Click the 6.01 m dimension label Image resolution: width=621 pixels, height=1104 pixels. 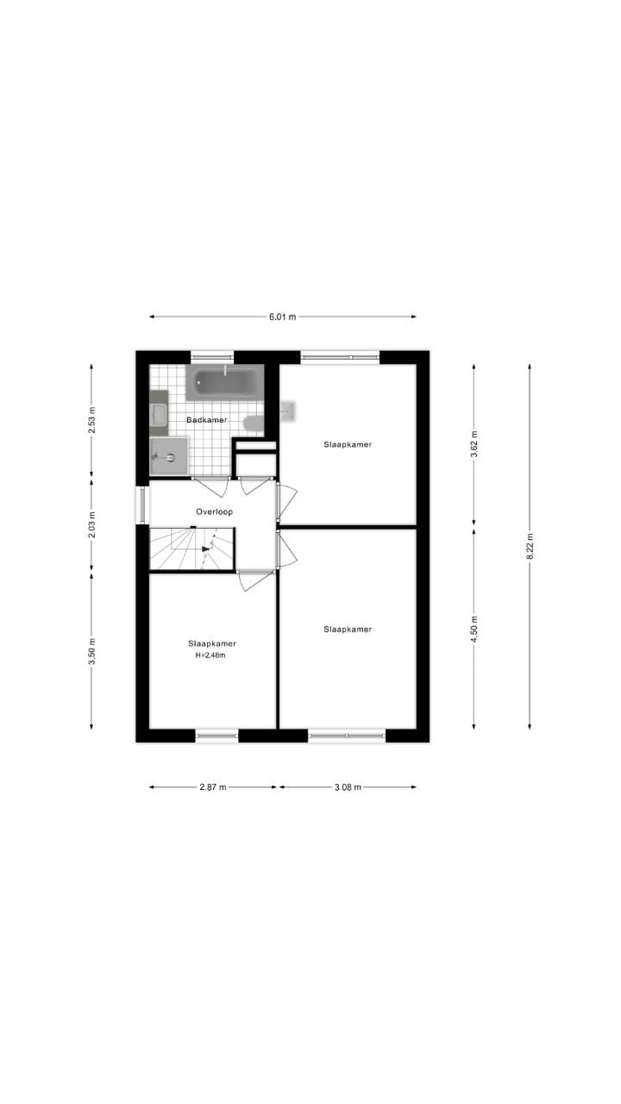pyautogui.click(x=282, y=317)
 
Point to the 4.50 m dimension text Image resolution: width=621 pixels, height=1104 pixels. pyautogui.click(x=474, y=629)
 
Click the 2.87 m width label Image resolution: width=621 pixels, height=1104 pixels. pyautogui.click(x=212, y=787)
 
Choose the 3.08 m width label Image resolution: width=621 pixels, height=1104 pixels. pyautogui.click(x=348, y=787)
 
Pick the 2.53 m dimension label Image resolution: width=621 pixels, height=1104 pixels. pyautogui.click(x=92, y=420)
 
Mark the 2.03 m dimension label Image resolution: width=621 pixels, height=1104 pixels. pyautogui.click(x=92, y=525)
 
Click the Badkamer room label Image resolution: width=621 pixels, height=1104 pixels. pyautogui.click(x=207, y=420)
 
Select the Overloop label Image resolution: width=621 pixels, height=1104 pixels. pyautogui.click(x=214, y=511)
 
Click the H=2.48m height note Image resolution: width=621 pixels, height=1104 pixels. pyautogui.click(x=211, y=655)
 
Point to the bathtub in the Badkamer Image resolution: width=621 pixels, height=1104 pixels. pyautogui.click(x=224, y=381)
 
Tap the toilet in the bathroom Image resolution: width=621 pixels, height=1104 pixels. pyautogui.click(x=254, y=423)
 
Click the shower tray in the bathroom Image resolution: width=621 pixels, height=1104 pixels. pyautogui.click(x=169, y=456)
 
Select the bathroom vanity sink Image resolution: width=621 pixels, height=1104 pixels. pyautogui.click(x=159, y=414)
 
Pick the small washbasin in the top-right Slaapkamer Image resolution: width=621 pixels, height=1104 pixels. pyautogui.click(x=288, y=411)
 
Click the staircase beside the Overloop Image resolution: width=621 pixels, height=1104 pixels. pyautogui.click(x=191, y=549)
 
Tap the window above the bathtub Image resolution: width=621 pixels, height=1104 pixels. pyautogui.click(x=212, y=355)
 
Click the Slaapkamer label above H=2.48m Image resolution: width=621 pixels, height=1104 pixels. pyautogui.click(x=212, y=643)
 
